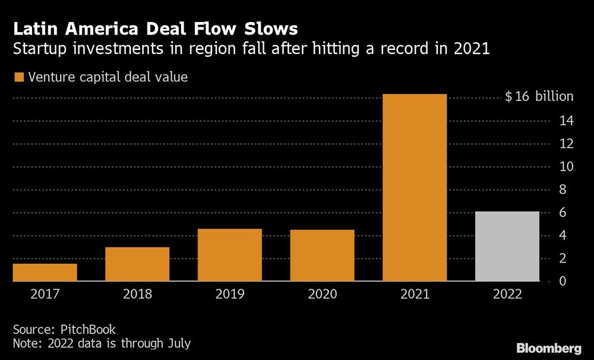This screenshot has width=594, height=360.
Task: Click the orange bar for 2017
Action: click(x=45, y=272)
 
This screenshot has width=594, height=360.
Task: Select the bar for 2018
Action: click(x=137, y=264)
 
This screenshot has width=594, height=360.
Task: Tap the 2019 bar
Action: click(x=230, y=255)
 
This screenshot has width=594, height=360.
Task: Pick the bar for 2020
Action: click(x=323, y=255)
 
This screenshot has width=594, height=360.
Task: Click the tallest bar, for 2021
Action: click(x=415, y=187)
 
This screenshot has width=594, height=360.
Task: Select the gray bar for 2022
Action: click(x=507, y=246)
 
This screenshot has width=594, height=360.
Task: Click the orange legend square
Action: click(x=18, y=77)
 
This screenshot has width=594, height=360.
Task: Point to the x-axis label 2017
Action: click(x=45, y=294)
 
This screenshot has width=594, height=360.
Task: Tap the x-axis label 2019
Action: click(x=230, y=294)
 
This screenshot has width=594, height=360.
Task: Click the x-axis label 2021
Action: click(x=415, y=294)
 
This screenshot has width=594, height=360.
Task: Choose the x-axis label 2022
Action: click(x=507, y=294)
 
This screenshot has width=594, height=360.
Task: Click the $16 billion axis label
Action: click(x=539, y=97)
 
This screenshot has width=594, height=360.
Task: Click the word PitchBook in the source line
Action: click(x=87, y=329)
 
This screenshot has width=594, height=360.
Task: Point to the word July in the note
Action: click(x=178, y=343)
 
